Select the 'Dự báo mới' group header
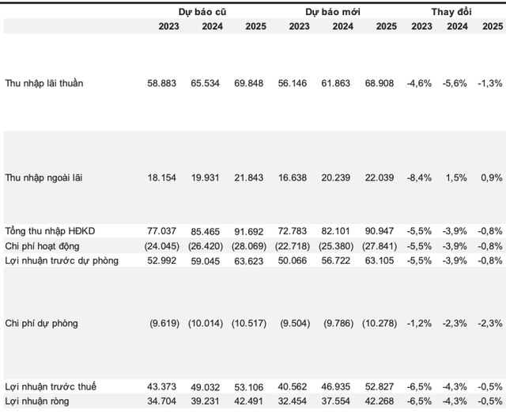[334, 12]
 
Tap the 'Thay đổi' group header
[452, 12]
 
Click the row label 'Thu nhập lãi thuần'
[43, 82]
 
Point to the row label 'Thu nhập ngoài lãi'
[43, 177]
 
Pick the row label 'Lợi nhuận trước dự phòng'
[61, 260]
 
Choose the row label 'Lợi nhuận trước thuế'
[51, 386]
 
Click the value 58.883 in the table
[164, 82]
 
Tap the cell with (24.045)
[161, 245]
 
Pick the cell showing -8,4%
[419, 177]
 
